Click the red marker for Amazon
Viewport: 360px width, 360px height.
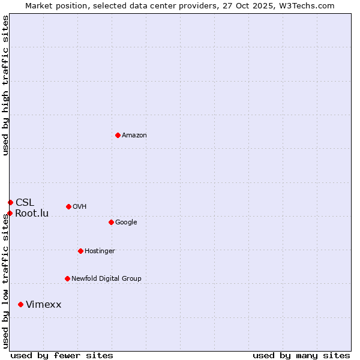118,135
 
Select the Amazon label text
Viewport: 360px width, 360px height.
134,136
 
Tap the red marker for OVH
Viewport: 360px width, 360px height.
68,206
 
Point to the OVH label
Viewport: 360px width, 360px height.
80,207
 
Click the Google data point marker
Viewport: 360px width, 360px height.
111,222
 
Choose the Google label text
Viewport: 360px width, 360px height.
126,223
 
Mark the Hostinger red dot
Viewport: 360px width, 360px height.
80,251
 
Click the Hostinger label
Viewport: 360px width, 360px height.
100,251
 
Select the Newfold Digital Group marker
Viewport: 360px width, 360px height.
67,278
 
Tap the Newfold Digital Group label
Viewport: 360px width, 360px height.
106,279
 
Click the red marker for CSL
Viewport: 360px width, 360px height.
10,202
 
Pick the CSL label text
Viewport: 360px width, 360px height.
25,202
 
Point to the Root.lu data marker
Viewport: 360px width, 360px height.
10,213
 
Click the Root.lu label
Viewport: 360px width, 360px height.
32,214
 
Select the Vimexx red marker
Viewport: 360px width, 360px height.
20,305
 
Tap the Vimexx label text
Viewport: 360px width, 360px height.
43,305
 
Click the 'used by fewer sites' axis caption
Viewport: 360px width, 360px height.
62,355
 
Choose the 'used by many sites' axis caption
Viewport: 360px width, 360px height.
301,355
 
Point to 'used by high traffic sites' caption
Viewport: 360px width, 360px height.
6,85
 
